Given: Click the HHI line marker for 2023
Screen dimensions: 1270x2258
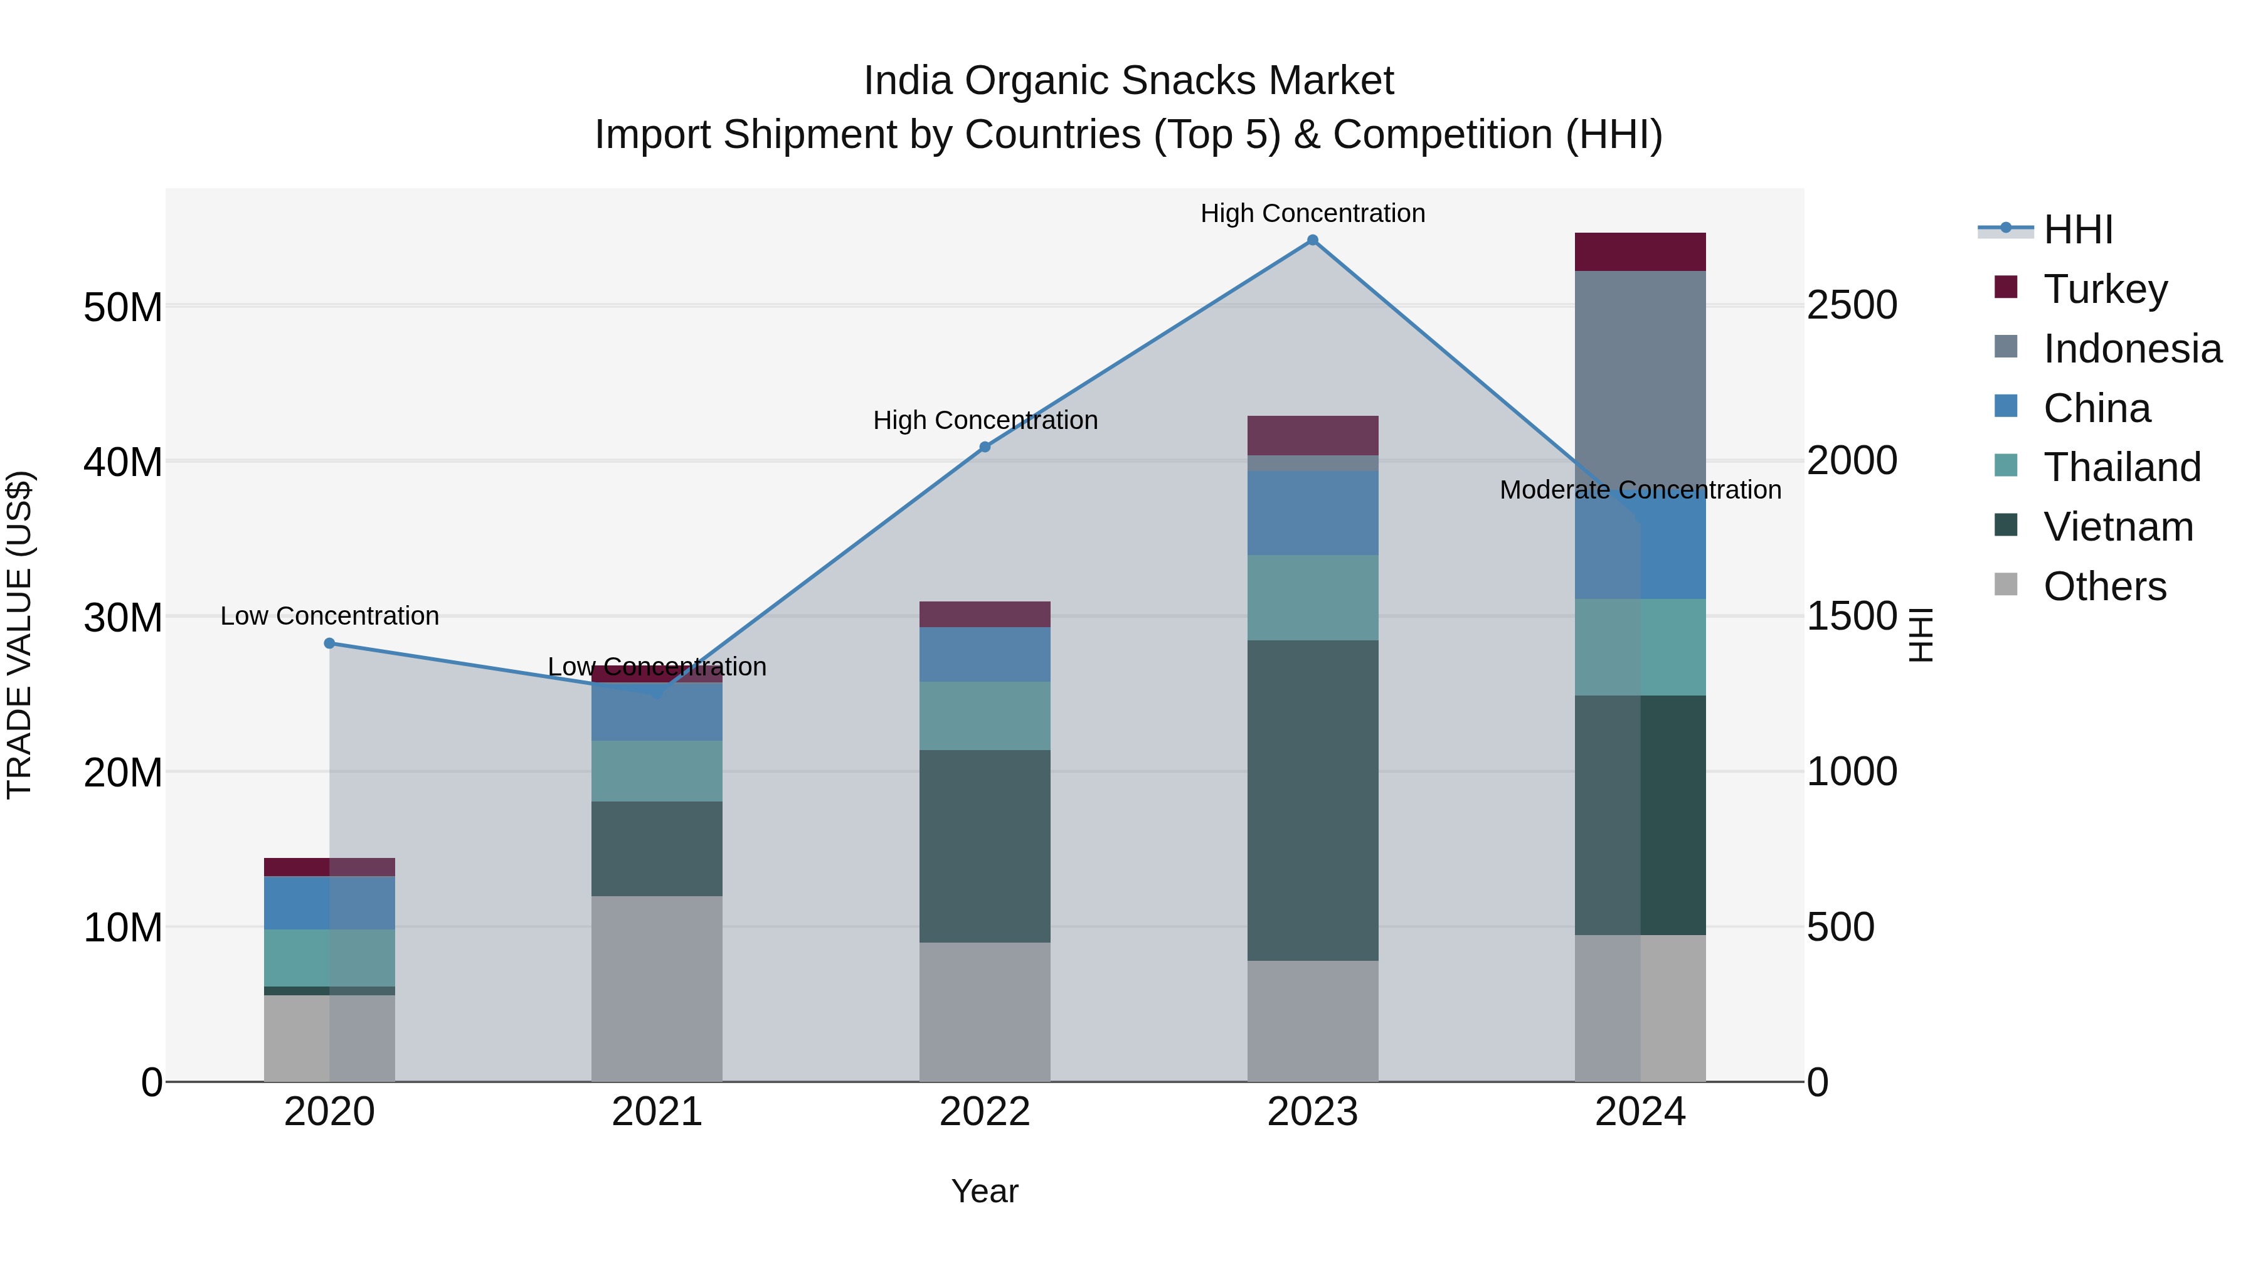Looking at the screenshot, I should click(x=1312, y=240).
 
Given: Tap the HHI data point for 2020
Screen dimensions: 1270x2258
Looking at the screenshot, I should click(x=329, y=643).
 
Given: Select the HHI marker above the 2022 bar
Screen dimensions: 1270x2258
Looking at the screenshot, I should click(x=984, y=447).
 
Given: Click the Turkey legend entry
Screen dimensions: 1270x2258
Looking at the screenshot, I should click(x=2104, y=289).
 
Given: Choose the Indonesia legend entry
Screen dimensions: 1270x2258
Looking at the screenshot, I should click(x=2132, y=349).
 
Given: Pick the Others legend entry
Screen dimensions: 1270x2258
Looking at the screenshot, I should click(x=2104, y=586).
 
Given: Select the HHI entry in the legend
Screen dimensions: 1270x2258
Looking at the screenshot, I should click(x=2077, y=230).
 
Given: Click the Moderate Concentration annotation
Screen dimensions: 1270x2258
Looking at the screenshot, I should click(x=1640, y=490).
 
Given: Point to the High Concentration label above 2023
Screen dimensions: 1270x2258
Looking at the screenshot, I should click(x=1312, y=213).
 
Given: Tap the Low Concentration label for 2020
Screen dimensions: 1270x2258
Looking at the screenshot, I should click(x=329, y=616).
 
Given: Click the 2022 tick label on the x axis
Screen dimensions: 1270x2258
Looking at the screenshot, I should click(x=984, y=1112).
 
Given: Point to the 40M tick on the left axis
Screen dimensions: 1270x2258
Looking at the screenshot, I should click(x=123, y=462).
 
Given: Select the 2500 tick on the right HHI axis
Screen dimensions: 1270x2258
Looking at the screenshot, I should click(x=1852, y=306).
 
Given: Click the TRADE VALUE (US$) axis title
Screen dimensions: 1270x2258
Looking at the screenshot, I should click(x=19, y=635).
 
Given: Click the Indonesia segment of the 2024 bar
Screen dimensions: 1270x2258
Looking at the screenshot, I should click(x=1640, y=377).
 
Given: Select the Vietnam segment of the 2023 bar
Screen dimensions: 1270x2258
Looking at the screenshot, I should click(x=1312, y=800).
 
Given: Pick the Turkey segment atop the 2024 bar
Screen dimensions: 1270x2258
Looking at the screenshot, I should click(x=1640, y=252).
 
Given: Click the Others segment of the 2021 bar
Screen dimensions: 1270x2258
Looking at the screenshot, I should click(x=657, y=988).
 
